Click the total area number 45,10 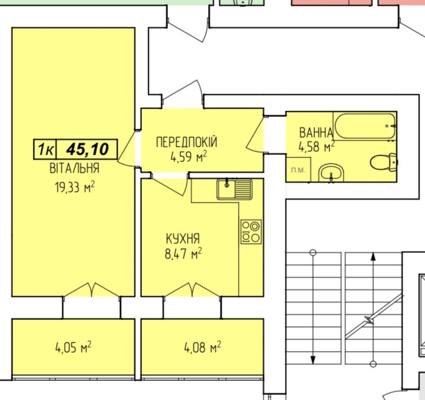click(87, 149)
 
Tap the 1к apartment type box click(45, 149)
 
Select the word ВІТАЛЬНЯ click(74, 168)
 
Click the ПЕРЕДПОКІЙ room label click(187, 142)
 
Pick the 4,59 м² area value click(188, 158)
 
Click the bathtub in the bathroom click(365, 126)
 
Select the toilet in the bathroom click(383, 162)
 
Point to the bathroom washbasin click(332, 173)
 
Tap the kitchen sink click(234, 189)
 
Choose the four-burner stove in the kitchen click(251, 232)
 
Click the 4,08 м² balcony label click(202, 348)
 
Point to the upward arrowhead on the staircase click(373, 256)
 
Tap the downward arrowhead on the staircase click(313, 360)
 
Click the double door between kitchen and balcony click(192, 290)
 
